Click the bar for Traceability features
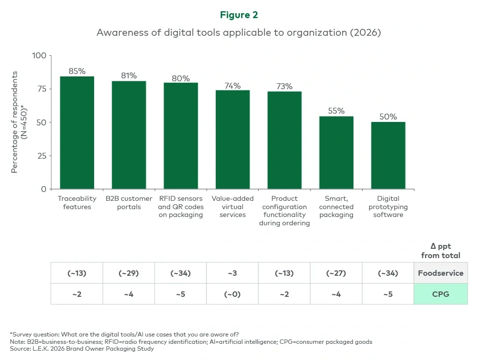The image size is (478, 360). [77, 133]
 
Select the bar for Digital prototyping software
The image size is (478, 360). [388, 156]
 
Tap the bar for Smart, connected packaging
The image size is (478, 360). [336, 153]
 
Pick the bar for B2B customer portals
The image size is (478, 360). [129, 135]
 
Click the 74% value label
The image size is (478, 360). [232, 86]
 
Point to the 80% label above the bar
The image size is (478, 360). [180, 78]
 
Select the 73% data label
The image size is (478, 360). [284, 87]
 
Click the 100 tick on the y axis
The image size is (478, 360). [39, 56]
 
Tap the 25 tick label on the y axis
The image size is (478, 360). [42, 156]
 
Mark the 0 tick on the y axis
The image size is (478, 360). [44, 189]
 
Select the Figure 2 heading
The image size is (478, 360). [239, 15]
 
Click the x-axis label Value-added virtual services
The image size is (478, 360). [232, 207]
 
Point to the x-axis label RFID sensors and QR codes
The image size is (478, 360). [180, 207]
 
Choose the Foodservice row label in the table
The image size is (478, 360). [440, 273]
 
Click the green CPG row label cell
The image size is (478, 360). [440, 294]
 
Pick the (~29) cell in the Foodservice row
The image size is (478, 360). [128, 273]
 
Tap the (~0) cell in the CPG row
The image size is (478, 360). [232, 294]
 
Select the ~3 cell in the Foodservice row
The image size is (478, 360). [232, 273]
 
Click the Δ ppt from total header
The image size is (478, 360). [440, 251]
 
